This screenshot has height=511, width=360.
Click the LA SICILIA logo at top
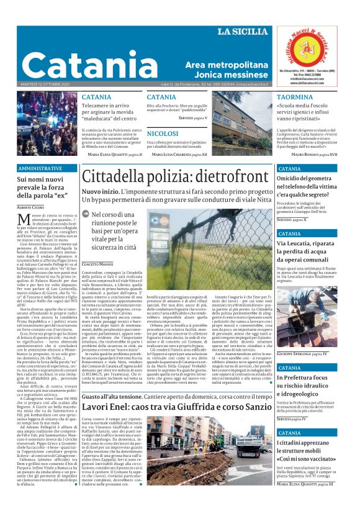pos(243,32)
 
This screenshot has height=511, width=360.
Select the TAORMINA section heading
pos(295,98)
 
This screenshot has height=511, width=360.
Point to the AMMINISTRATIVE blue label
pos(40,168)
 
